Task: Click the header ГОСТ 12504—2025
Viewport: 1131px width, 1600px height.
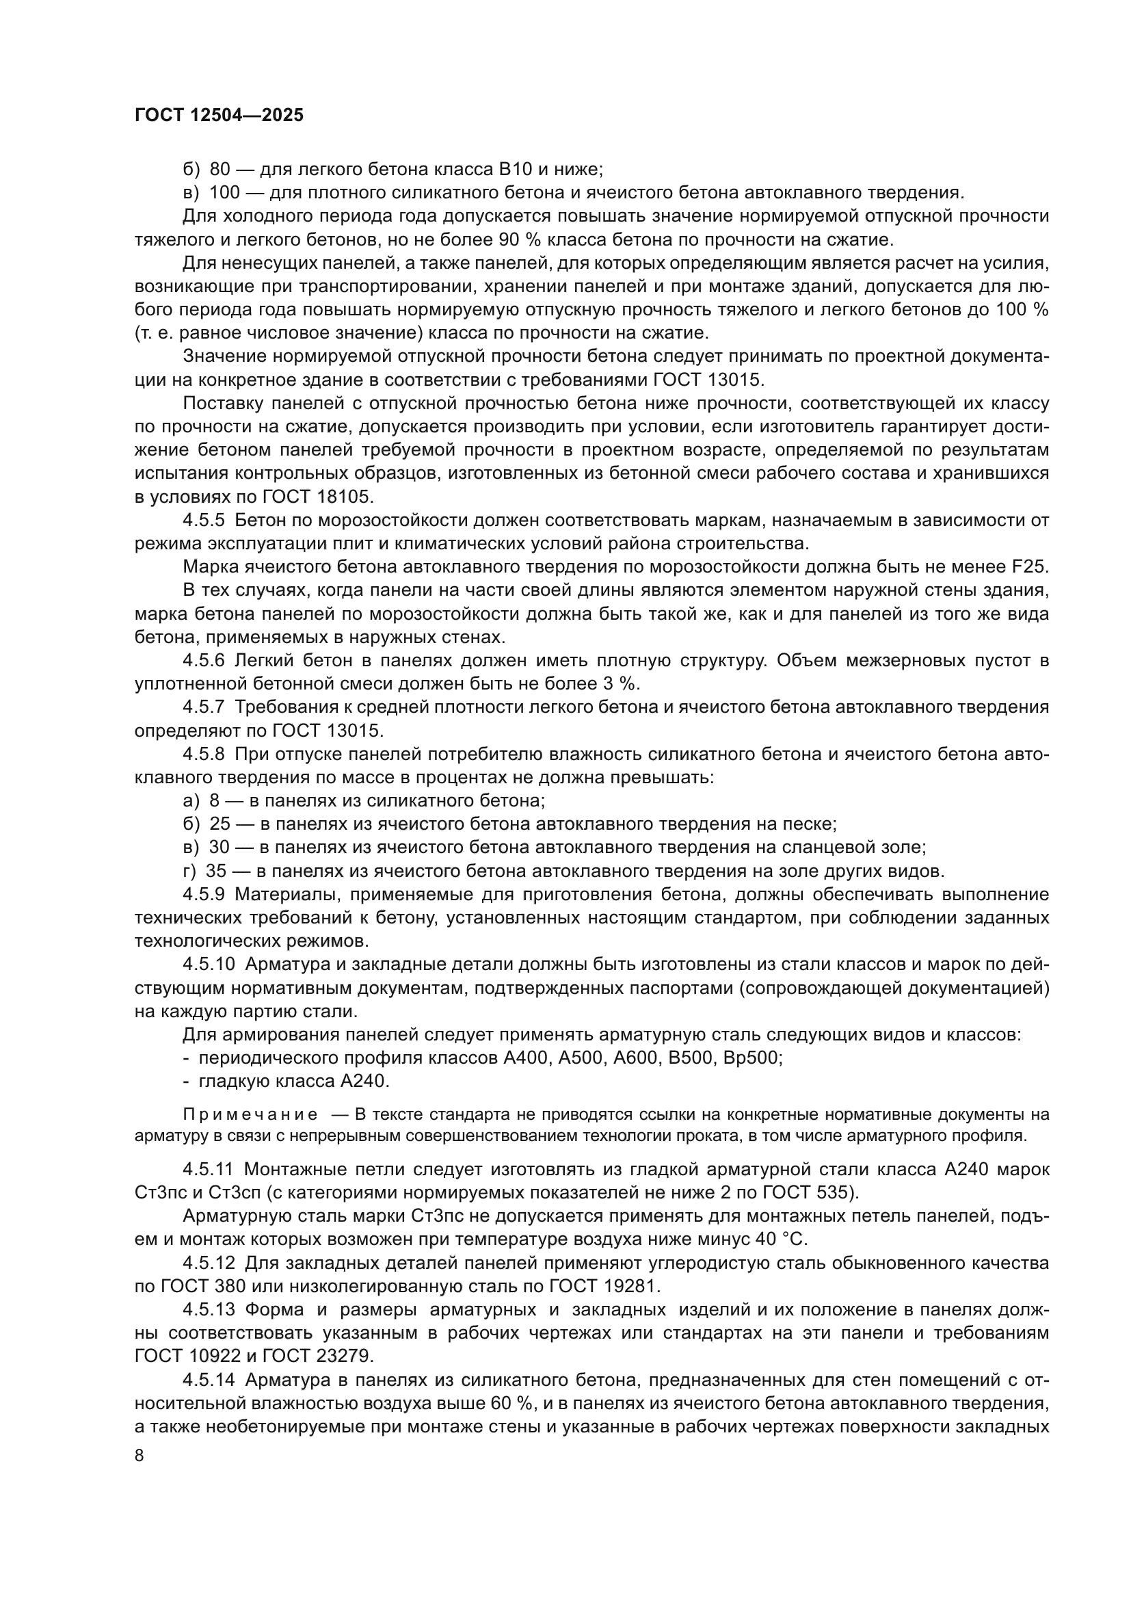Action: tap(219, 116)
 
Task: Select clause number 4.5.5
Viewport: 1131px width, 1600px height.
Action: tap(204, 521)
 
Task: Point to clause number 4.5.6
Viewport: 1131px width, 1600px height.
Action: tap(204, 661)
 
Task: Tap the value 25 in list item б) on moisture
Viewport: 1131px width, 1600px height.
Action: tap(220, 824)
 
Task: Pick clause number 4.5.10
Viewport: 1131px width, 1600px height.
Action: tap(209, 965)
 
